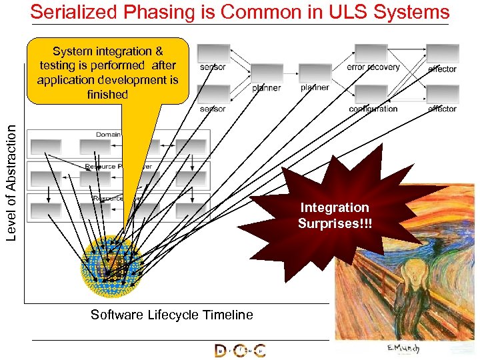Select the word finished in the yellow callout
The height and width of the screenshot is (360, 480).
pos(107,95)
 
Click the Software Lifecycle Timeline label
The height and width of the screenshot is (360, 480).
pos(172,315)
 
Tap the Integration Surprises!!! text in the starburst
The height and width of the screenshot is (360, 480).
pos(334,215)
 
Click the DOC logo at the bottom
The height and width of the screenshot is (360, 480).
pos(240,350)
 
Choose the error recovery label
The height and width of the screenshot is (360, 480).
pos(373,67)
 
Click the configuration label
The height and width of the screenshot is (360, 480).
pos(373,109)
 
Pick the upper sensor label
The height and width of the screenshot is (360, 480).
pos(213,67)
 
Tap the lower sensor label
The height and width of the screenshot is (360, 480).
pos(213,109)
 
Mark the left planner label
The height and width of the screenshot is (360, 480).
pos(267,87)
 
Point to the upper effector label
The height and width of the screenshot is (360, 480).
pos(442,69)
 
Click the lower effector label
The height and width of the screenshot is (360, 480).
pos(442,109)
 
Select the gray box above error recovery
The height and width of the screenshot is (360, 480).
pos(371,53)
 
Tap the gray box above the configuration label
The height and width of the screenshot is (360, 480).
pos(371,95)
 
